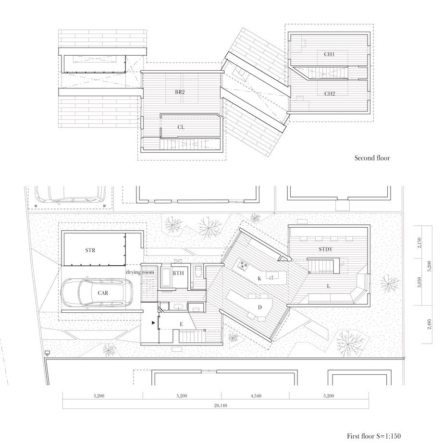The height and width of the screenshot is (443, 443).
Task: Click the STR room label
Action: pyautogui.click(x=90, y=250)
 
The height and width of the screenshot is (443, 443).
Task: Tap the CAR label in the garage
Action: pyautogui.click(x=103, y=293)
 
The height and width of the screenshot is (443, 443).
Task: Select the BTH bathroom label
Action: pyautogui.click(x=178, y=273)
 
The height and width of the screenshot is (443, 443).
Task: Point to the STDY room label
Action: pyautogui.click(x=325, y=249)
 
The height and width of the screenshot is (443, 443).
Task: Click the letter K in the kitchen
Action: pyautogui.click(x=259, y=279)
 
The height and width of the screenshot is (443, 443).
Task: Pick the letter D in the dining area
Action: pyautogui.click(x=260, y=308)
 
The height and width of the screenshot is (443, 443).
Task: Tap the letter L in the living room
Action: pyautogui.click(x=329, y=286)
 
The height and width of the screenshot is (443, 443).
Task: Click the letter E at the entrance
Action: pyautogui.click(x=181, y=324)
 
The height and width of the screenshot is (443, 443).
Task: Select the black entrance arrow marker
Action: pyautogui.click(x=153, y=322)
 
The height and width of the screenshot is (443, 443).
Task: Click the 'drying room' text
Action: pyautogui.click(x=140, y=272)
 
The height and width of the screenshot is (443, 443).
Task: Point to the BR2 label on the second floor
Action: pyautogui.click(x=180, y=92)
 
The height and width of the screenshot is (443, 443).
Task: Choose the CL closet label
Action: pyautogui.click(x=181, y=127)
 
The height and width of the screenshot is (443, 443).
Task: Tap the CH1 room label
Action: pyautogui.click(x=329, y=54)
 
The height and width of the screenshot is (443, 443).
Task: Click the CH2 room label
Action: pyautogui.click(x=330, y=94)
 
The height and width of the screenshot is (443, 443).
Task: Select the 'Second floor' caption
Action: pyautogui.click(x=372, y=158)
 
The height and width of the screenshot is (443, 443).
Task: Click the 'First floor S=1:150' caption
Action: pyautogui.click(x=374, y=436)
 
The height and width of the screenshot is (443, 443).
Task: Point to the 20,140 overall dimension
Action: pyautogui.click(x=221, y=406)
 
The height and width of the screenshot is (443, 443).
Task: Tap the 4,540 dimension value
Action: pyautogui.click(x=256, y=396)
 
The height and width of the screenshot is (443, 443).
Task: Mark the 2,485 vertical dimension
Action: pyautogui.click(x=430, y=324)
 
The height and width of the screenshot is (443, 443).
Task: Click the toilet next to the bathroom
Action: pyautogui.click(x=198, y=271)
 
